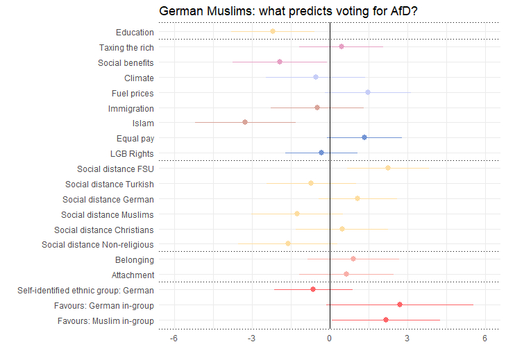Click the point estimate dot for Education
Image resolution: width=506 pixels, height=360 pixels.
[x=273, y=32]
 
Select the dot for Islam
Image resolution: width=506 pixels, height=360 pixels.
[x=245, y=122]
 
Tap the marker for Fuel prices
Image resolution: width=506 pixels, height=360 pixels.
[x=368, y=92]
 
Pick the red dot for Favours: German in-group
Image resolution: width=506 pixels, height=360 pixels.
[x=400, y=305]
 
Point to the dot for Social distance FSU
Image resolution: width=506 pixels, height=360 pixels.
[x=388, y=168]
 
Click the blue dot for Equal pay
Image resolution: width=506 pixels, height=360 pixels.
[x=364, y=137]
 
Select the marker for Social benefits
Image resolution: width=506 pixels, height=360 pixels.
[x=280, y=62]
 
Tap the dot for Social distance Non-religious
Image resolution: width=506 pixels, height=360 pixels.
[x=288, y=243]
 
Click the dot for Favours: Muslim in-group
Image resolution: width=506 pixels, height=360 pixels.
[x=386, y=320]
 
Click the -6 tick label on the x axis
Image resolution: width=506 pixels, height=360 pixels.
[x=174, y=338]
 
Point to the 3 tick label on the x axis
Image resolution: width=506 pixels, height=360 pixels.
[x=407, y=338]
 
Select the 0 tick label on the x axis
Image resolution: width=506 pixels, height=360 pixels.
[x=330, y=338]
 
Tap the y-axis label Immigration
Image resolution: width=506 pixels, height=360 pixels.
[x=131, y=108]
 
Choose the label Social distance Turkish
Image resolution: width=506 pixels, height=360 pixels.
[x=110, y=184]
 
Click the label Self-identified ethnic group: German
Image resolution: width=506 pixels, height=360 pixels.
[x=85, y=290]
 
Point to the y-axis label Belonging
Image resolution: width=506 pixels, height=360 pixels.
[x=135, y=259]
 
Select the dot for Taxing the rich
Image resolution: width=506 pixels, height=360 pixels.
[x=341, y=46]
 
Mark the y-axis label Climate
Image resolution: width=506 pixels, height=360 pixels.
[x=139, y=78]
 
